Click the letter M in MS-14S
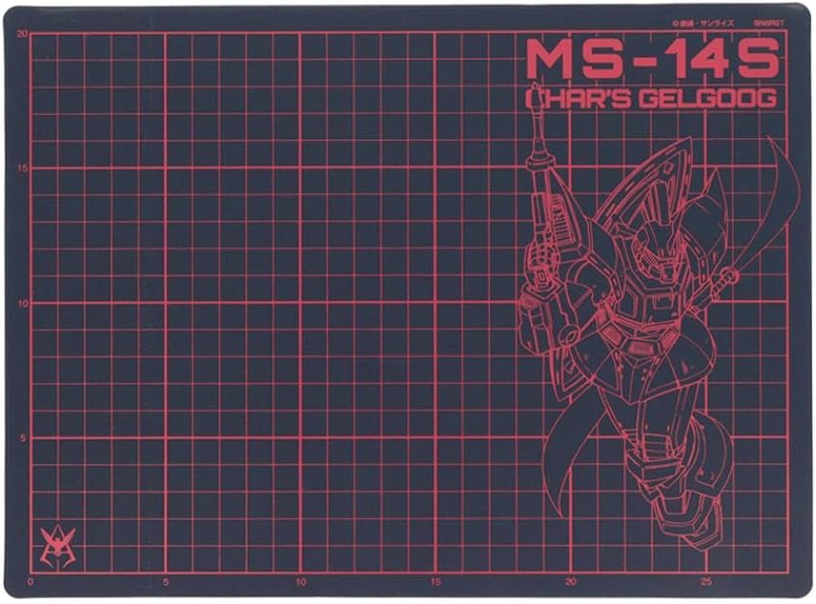pos(549,60)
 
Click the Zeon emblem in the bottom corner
pos(57,548)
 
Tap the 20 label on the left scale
pos(21,34)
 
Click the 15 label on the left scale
pos(21,169)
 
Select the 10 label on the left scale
pos(21,303)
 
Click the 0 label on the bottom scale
pos(31,582)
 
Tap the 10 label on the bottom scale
pos(301,582)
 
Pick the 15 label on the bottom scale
pos(436,582)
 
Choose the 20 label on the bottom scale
pos(571,582)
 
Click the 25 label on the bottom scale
pos(706,582)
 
